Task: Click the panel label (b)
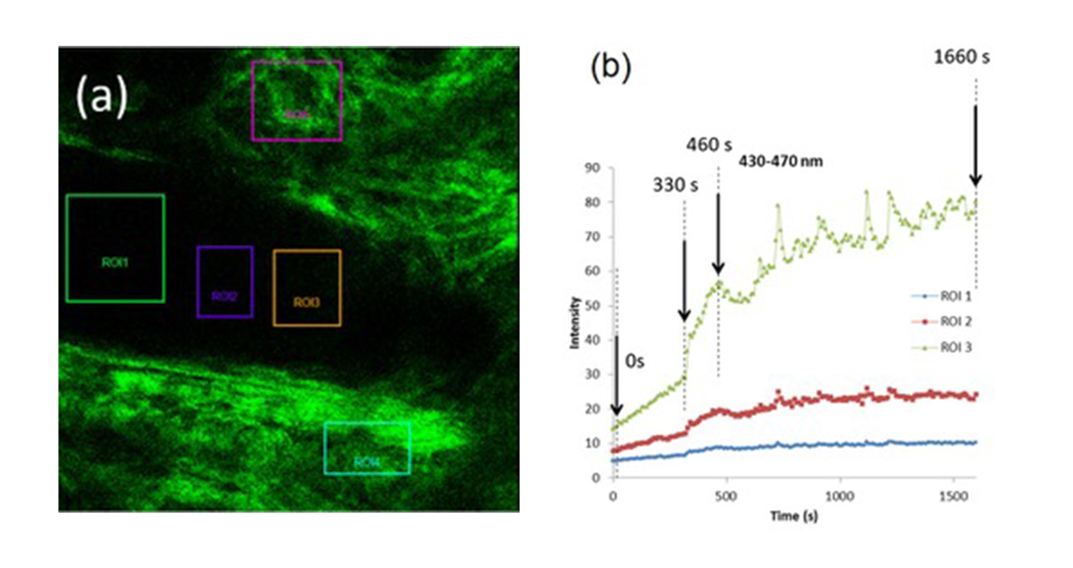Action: (x=611, y=68)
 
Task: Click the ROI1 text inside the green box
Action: (x=115, y=262)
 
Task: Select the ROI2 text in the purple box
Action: (x=225, y=296)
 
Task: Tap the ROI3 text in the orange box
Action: (x=307, y=302)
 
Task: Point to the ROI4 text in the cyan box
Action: (x=367, y=462)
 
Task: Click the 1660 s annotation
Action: (x=961, y=57)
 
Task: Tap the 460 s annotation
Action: (x=709, y=145)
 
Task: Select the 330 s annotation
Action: (x=675, y=185)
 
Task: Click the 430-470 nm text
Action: (x=781, y=161)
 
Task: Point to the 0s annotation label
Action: (x=635, y=361)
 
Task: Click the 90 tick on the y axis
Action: (x=592, y=168)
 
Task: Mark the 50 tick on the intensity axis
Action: (x=592, y=305)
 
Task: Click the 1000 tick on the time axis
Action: (x=840, y=496)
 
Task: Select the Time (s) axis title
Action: (x=794, y=516)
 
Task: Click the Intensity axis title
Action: (x=574, y=323)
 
